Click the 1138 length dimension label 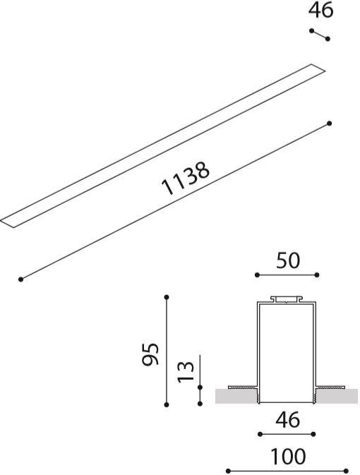point(186,180)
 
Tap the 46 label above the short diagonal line point(320,11)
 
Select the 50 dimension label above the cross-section point(287,260)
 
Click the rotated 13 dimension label point(186,371)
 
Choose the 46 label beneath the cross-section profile point(287,420)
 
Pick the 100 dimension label point(287,457)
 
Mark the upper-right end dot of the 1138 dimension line point(330,123)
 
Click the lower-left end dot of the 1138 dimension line point(21,279)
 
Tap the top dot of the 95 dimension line point(167,297)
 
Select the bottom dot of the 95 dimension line point(167,404)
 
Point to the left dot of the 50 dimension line point(256,275)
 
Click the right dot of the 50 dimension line point(318,275)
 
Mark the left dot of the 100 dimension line point(228,470)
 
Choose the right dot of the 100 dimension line point(347,470)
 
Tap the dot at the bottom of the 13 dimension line point(201,387)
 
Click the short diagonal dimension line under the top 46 point(320,35)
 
